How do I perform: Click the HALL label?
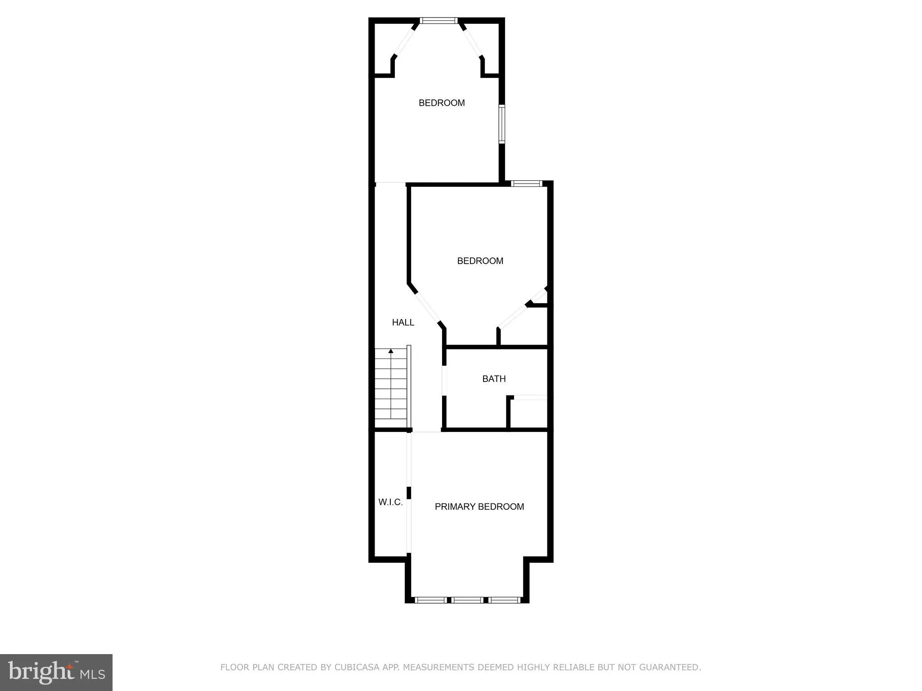click(x=403, y=322)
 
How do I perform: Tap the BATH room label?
click(x=494, y=379)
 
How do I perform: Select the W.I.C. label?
click(x=390, y=502)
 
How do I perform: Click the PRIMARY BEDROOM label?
click(x=479, y=507)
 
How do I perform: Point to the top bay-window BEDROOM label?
click(x=441, y=103)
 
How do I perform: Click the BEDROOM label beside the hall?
click(x=480, y=261)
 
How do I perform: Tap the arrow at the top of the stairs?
click(x=391, y=351)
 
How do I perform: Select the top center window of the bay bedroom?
click(x=438, y=20)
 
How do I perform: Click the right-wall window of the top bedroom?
click(x=502, y=124)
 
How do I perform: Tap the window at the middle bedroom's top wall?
click(x=527, y=183)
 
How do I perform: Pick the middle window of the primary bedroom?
click(x=467, y=600)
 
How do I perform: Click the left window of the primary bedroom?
click(x=430, y=600)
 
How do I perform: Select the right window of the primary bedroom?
click(x=504, y=600)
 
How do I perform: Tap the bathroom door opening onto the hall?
click(x=444, y=381)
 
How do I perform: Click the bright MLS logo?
click(x=56, y=672)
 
